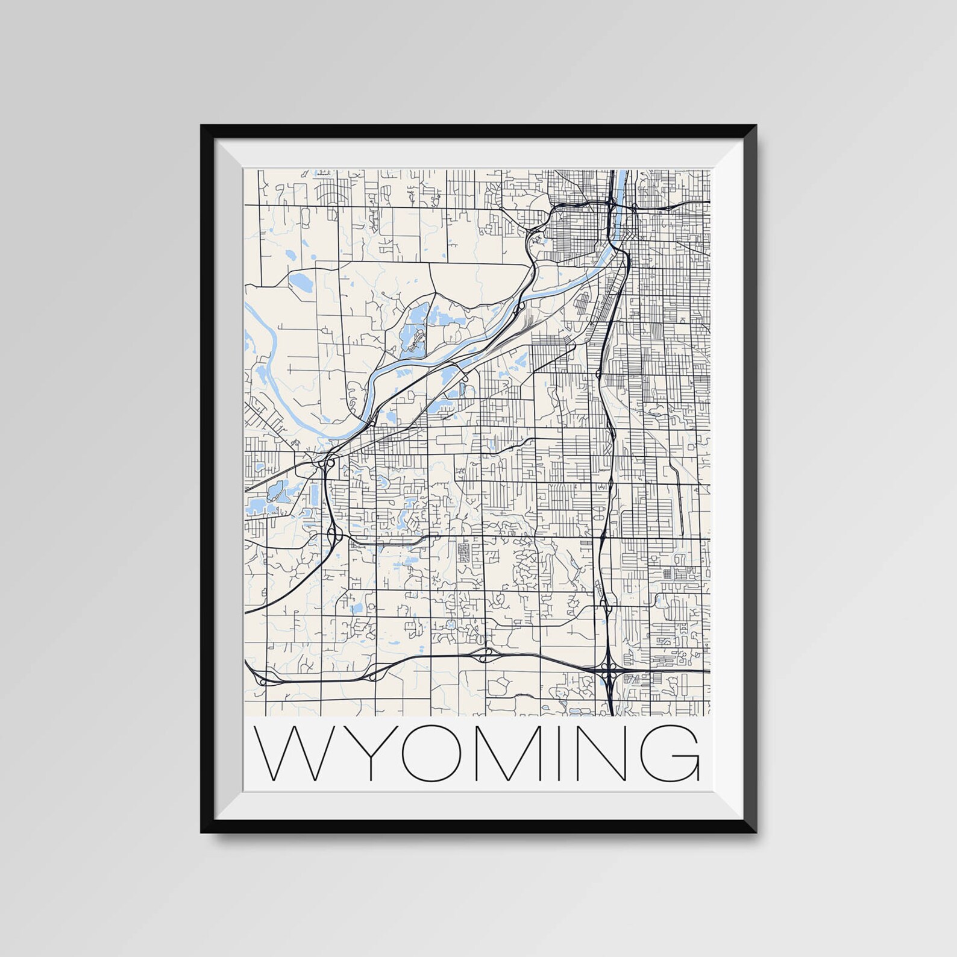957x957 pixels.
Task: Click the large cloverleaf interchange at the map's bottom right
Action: point(609,670)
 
